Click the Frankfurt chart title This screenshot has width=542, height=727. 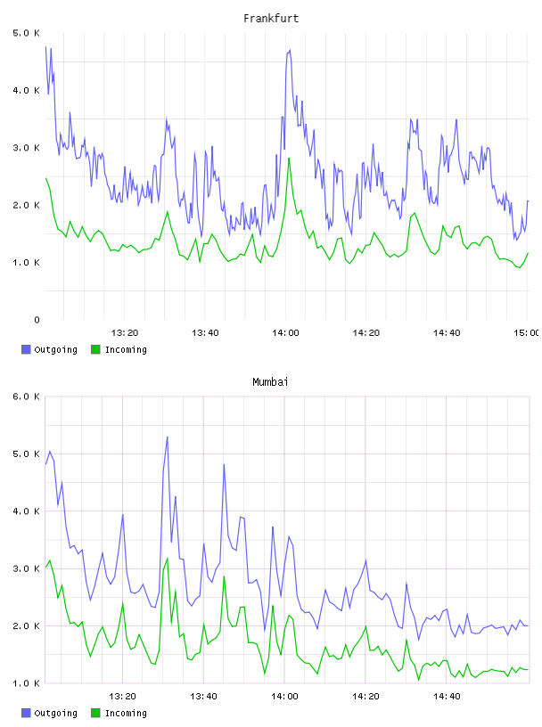(x=271, y=19)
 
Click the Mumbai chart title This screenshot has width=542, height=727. (x=270, y=382)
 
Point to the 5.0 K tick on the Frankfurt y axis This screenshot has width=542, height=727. (x=27, y=33)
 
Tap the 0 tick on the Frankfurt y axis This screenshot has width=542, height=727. (x=37, y=320)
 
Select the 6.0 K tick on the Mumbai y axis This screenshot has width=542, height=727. (x=27, y=396)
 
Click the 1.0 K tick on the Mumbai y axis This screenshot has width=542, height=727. (x=27, y=683)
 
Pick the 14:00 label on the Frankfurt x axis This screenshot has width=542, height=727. (x=285, y=333)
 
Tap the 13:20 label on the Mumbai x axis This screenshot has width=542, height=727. (x=122, y=697)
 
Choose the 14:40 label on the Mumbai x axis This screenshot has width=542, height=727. (x=447, y=697)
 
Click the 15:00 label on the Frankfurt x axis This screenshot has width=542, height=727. (x=526, y=333)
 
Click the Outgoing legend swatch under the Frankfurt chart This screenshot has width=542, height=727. (x=26, y=349)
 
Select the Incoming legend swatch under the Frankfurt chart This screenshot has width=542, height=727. (x=95, y=349)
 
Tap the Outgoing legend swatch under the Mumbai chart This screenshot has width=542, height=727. (x=26, y=713)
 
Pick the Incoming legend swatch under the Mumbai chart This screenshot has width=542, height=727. (x=95, y=713)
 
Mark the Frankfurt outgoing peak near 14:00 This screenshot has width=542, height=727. (x=290, y=50)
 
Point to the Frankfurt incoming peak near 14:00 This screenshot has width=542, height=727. (x=289, y=159)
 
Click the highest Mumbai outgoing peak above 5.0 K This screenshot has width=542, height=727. (x=167, y=437)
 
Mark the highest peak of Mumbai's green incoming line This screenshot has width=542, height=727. (x=167, y=559)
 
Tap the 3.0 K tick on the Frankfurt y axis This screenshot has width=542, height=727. (x=27, y=148)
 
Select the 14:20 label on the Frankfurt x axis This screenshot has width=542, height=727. (x=366, y=333)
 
